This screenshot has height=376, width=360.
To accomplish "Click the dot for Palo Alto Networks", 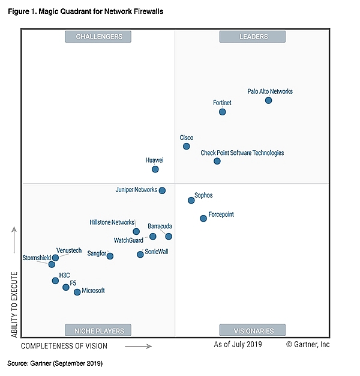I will tap(268, 100).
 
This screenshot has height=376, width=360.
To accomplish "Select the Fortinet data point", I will tap(223, 112).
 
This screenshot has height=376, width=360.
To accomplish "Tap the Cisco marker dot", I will tap(187, 146).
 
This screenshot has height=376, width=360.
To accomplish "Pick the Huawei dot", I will tap(155, 169).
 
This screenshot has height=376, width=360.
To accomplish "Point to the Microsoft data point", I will tap(77, 292).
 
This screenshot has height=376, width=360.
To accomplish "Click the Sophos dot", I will tap(191, 201).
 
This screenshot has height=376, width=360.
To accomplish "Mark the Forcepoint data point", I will tap(203, 218).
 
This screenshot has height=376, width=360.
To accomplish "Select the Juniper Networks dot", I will tap(162, 190).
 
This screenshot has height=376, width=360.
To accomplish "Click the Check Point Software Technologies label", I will tap(242, 153).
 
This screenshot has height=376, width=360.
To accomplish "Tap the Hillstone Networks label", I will tap(112, 222).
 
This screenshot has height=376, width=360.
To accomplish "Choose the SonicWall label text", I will tap(157, 252).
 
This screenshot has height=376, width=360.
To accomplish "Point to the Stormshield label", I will tap(37, 258).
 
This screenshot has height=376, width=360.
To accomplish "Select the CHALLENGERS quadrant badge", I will tap(98, 37).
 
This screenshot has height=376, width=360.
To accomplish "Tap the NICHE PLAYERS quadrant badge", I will tap(98, 330).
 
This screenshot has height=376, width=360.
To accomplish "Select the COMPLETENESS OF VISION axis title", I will tap(65, 346).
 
